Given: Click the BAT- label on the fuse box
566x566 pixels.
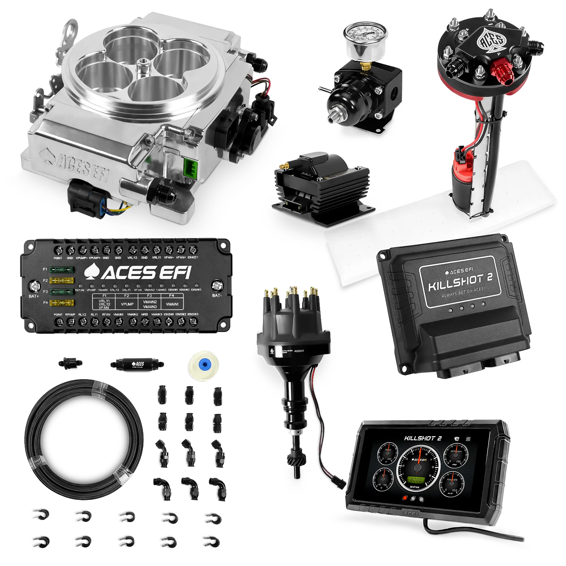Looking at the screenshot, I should (217, 295).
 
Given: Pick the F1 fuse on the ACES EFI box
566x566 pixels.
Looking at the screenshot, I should (62, 270).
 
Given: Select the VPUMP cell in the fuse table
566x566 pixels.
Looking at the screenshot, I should (127, 304).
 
